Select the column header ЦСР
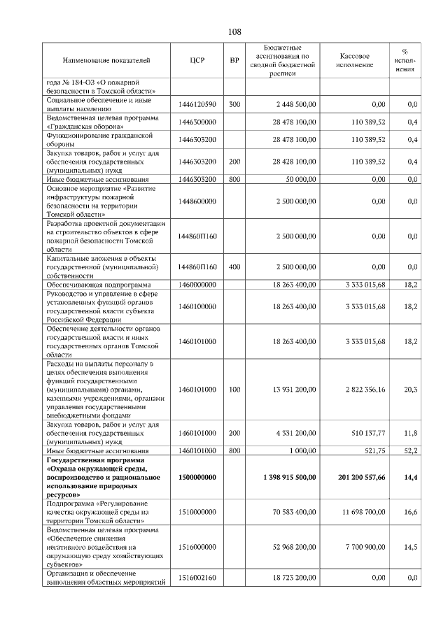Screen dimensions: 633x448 tap(197, 61)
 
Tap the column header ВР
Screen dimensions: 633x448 tap(234, 61)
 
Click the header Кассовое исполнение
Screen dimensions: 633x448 tap(355, 61)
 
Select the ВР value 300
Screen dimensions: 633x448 tap(234, 104)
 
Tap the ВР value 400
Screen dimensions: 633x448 tap(234, 267)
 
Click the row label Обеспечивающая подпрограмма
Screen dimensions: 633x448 tap(97, 285)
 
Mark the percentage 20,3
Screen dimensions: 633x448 tap(411, 389)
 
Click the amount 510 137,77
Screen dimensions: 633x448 tap(363, 434)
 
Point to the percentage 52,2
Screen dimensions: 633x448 tap(411, 451)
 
